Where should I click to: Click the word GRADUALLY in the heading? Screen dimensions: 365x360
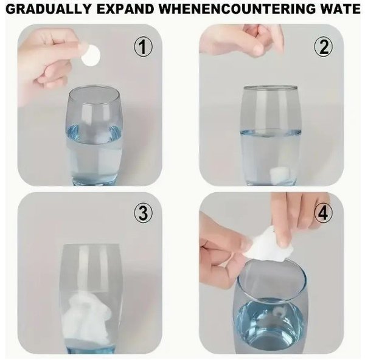48,9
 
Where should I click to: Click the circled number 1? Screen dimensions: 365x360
143,47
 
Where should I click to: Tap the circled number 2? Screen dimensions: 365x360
324,47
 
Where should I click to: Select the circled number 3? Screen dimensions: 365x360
143,213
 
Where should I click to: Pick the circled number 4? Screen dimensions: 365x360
323,213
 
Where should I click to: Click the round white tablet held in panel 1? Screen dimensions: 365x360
91,56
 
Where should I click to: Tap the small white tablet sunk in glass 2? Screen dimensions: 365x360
279,173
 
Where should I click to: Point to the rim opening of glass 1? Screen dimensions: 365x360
94,94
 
